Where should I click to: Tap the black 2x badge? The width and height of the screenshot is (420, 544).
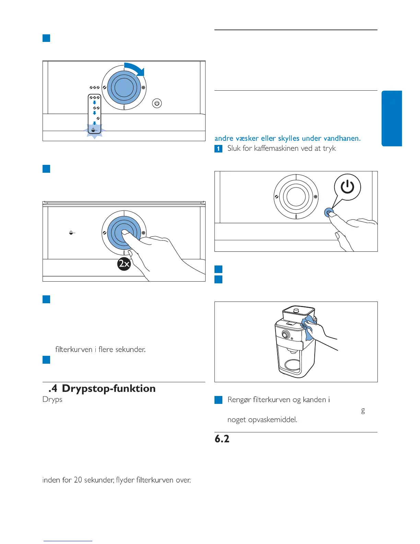point(124,264)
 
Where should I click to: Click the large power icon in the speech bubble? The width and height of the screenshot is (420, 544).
point(347,187)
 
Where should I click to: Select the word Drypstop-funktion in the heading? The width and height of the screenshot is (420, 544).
point(109,388)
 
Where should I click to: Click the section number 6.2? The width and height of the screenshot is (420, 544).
point(222,439)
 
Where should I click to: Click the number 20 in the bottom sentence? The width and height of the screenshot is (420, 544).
point(78,480)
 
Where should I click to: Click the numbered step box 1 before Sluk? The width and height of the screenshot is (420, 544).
point(218,149)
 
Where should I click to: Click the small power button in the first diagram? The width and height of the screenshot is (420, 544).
point(157,103)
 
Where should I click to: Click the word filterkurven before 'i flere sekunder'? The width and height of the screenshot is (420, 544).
point(74,349)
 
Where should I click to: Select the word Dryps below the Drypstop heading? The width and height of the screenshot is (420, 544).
point(52,399)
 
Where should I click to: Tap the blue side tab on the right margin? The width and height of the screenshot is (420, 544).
point(392,118)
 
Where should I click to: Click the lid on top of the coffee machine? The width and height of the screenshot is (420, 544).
point(298,311)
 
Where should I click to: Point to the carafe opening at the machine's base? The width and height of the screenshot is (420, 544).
point(293,365)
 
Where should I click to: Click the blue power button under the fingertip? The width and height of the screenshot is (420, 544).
point(328,212)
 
